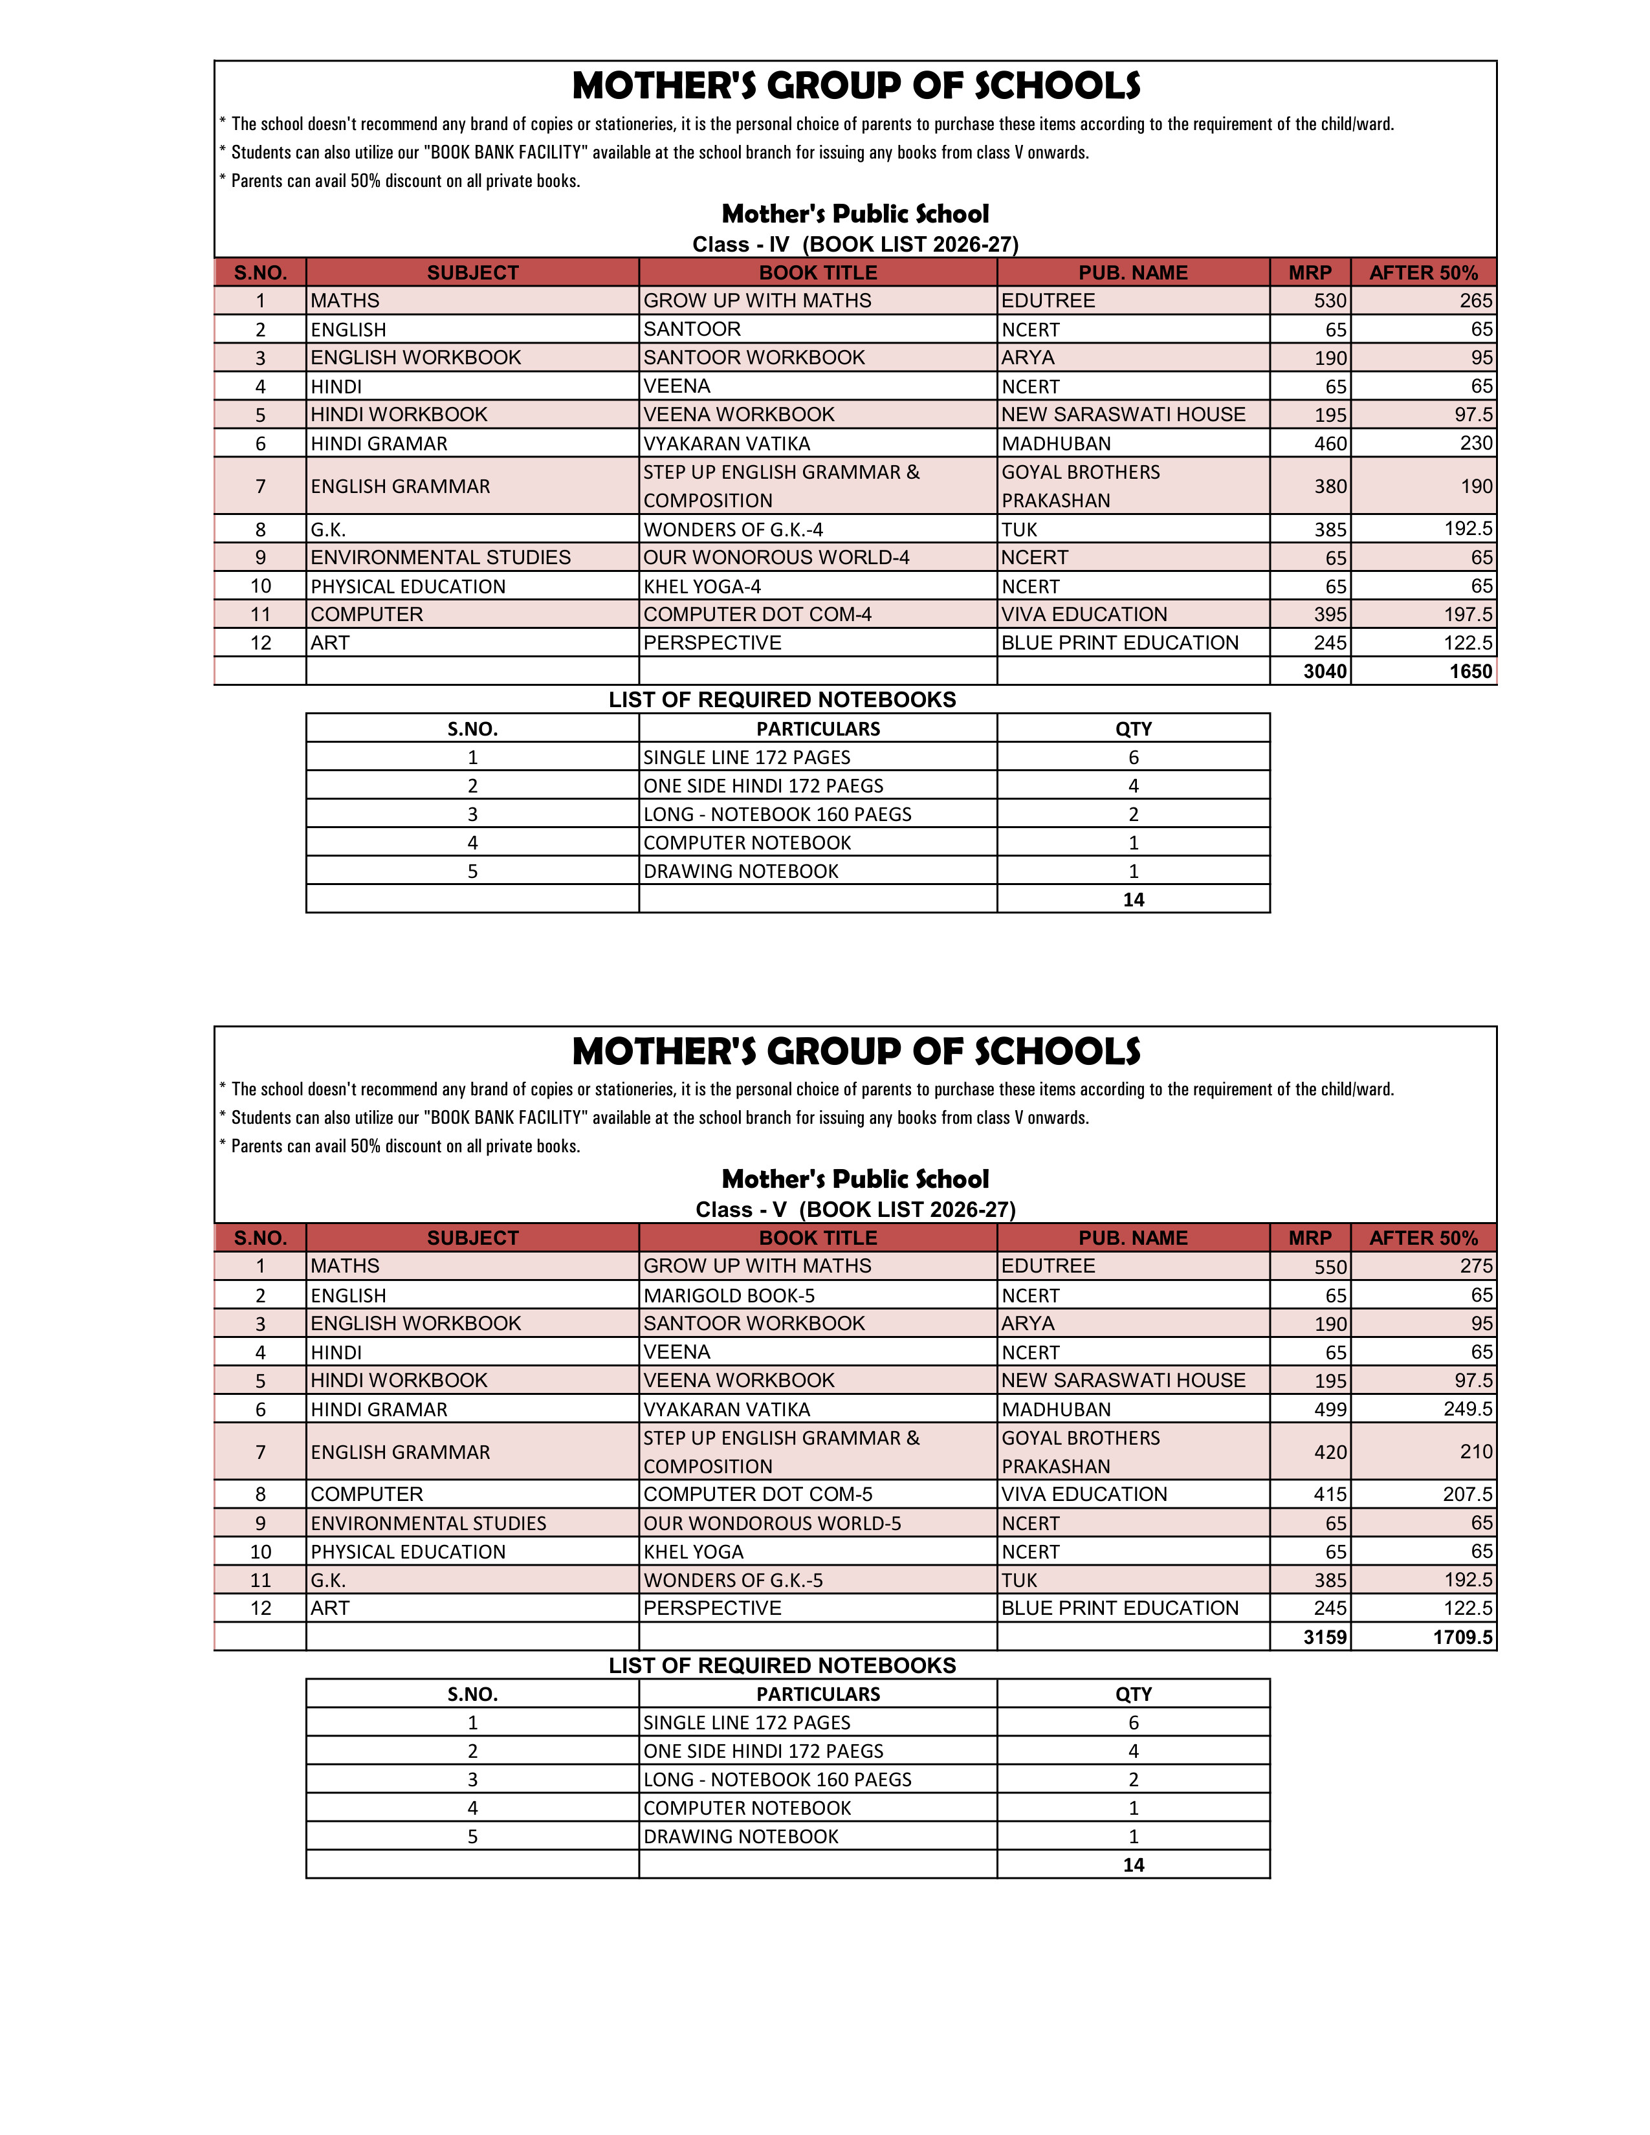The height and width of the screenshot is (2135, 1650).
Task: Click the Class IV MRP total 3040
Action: pos(1325,672)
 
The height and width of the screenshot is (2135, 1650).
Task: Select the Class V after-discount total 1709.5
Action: pos(1462,1637)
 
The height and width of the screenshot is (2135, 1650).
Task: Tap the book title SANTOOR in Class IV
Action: pos(692,329)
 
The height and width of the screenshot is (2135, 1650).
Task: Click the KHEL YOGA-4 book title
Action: pos(702,587)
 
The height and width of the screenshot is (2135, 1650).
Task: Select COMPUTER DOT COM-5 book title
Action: pos(758,1494)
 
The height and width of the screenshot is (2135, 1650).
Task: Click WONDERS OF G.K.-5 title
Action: pos(733,1581)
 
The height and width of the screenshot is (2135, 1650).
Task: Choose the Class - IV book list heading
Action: pos(855,245)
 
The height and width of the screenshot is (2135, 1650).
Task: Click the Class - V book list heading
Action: pos(855,1210)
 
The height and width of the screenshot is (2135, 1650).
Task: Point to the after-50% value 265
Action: pos(1475,301)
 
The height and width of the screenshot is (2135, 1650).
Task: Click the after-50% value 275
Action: pos(1475,1267)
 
